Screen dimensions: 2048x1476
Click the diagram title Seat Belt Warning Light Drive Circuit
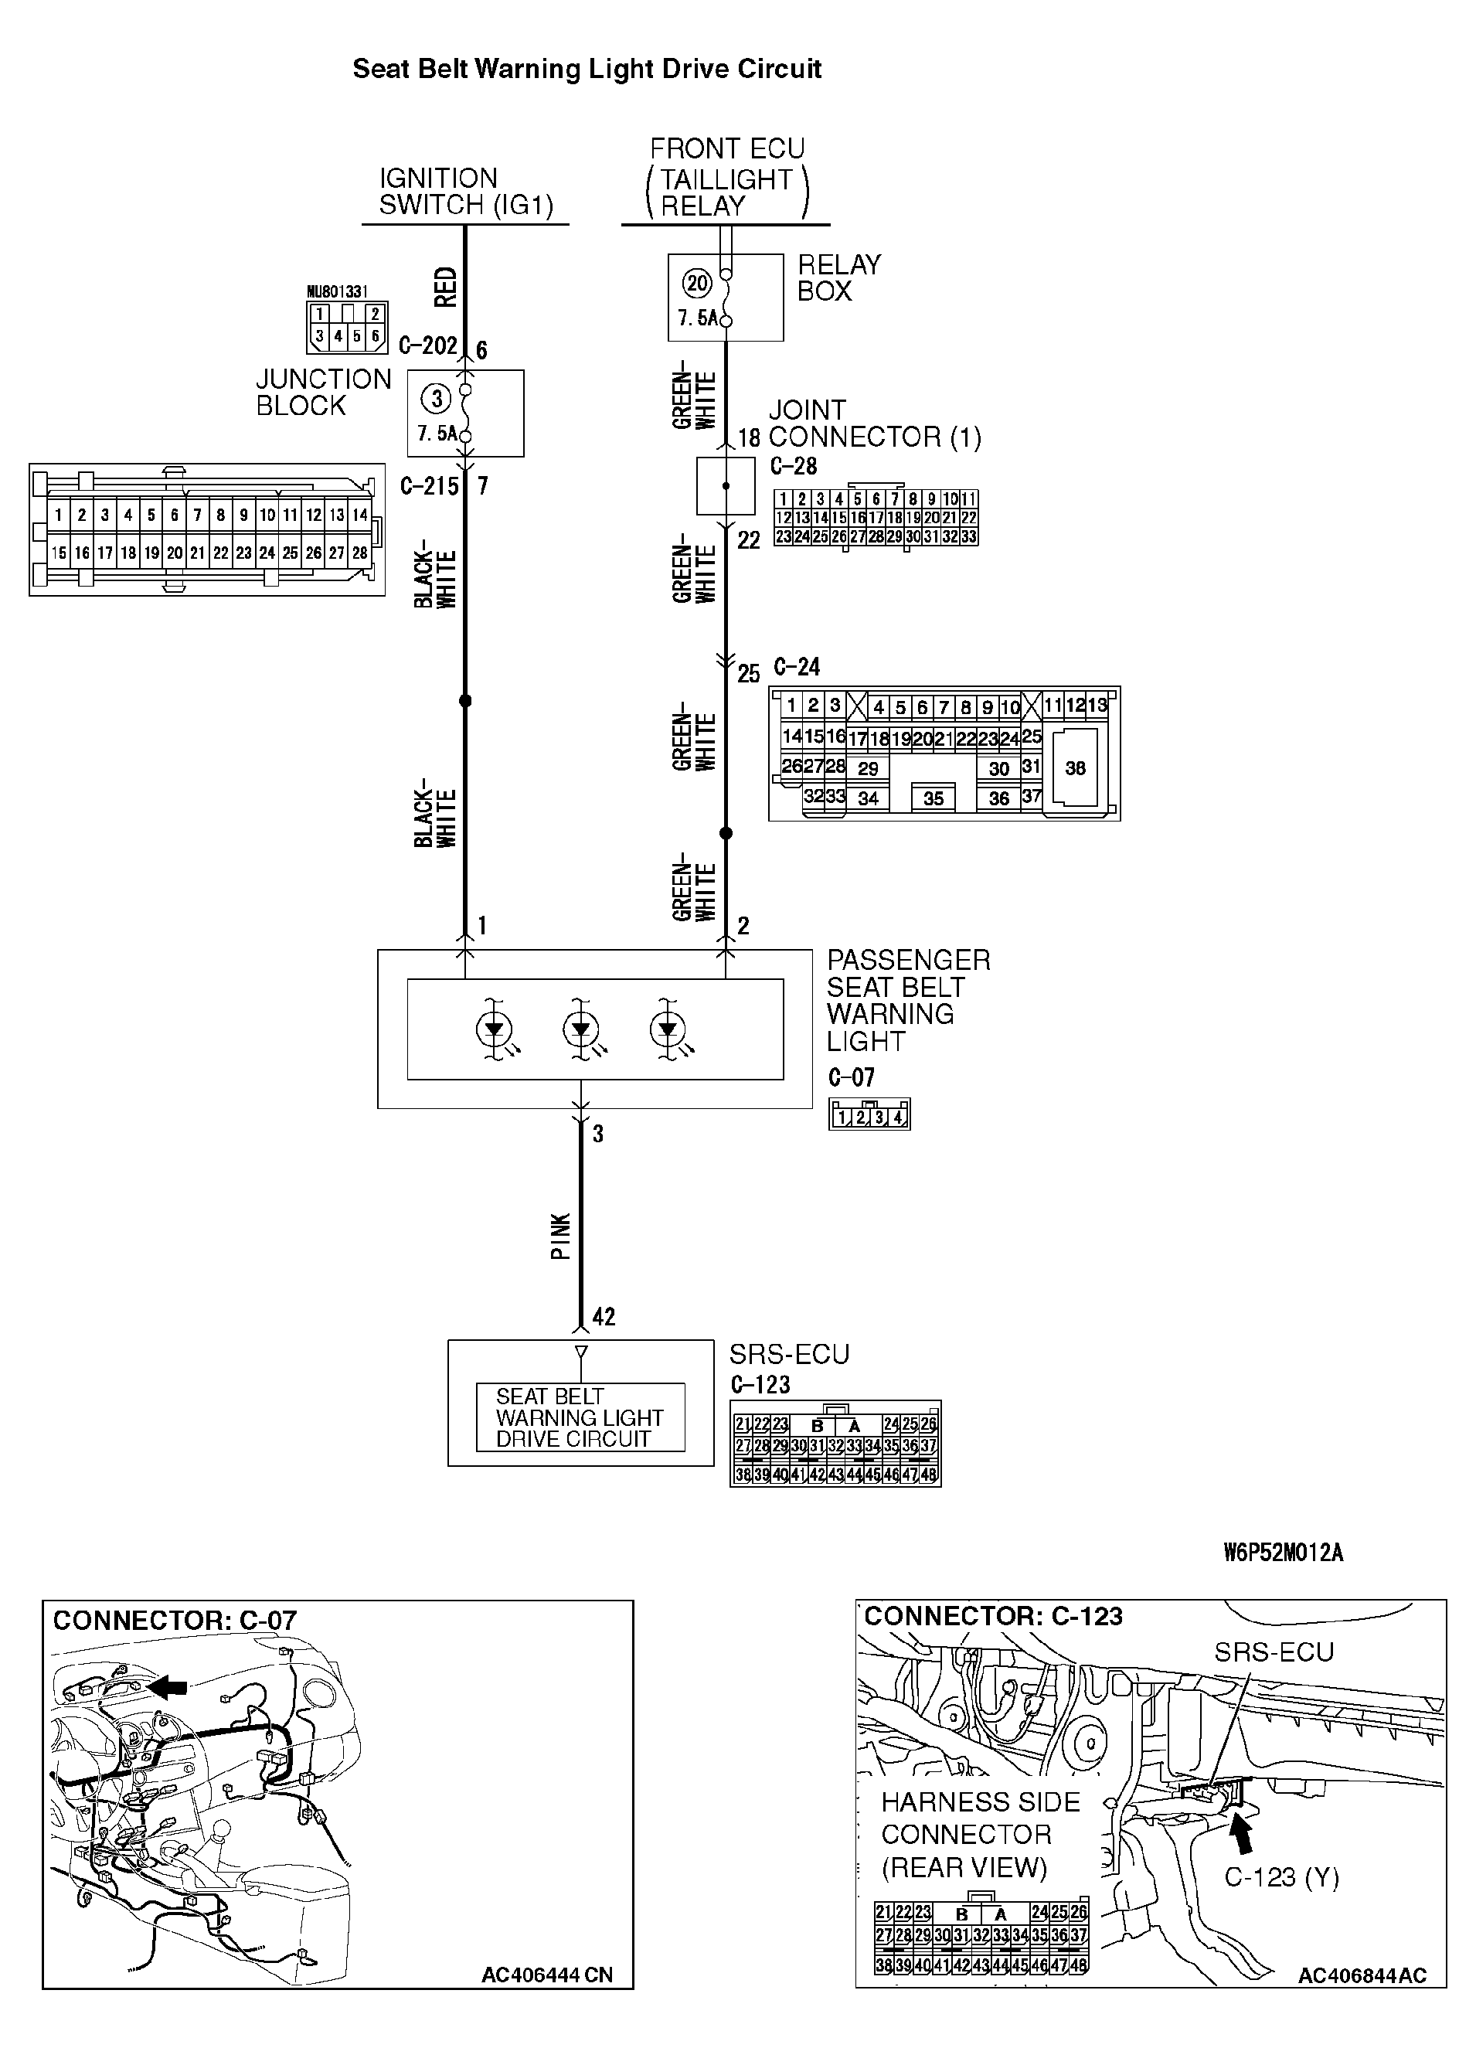[587, 70]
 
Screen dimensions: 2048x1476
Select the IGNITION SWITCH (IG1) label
[465, 192]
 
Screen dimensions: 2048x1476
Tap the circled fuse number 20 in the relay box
[697, 284]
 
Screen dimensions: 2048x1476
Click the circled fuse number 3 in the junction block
[437, 398]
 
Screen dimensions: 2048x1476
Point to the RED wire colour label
[446, 287]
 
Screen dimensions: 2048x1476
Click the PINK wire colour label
[560, 1237]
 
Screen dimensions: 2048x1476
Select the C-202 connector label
[428, 347]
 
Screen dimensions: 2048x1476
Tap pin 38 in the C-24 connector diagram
[1075, 768]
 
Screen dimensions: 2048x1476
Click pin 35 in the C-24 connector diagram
[934, 798]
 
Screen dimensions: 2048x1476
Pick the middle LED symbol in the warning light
[580, 1029]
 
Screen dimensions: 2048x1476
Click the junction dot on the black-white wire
[465, 701]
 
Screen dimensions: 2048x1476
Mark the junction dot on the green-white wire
[725, 832]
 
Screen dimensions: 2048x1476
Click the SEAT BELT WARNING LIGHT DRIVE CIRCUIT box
[580, 1417]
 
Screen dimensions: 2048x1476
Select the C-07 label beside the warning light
[852, 1077]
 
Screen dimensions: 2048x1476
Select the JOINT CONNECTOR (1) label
[874, 424]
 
